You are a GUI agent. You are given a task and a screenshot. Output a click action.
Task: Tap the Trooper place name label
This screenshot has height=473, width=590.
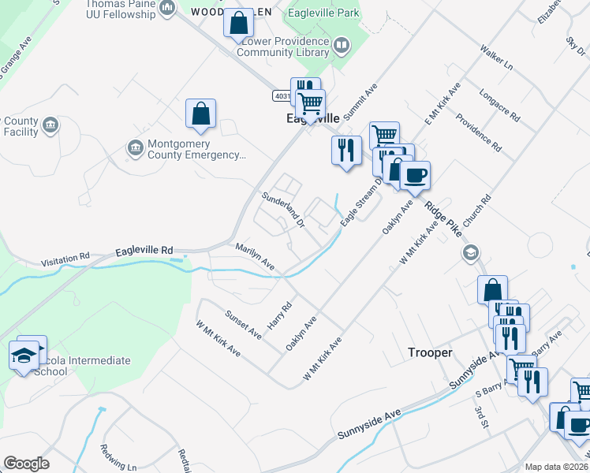(430, 352)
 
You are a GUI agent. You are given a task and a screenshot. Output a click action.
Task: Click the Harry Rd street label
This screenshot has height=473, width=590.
(280, 315)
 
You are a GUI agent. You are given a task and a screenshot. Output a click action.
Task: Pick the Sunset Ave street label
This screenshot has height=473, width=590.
(244, 324)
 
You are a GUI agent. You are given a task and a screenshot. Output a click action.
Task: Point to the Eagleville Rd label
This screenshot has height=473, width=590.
(144, 251)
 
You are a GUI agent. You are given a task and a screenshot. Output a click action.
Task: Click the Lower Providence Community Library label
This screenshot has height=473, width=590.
(283, 47)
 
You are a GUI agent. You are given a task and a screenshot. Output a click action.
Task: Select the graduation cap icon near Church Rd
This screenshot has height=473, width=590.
(471, 252)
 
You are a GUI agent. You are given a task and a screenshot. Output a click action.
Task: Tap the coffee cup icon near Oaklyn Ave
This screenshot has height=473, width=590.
(415, 175)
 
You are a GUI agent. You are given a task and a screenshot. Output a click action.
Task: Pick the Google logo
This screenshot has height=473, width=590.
(26, 464)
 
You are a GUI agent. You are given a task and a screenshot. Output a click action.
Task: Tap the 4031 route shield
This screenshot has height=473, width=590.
(282, 95)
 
